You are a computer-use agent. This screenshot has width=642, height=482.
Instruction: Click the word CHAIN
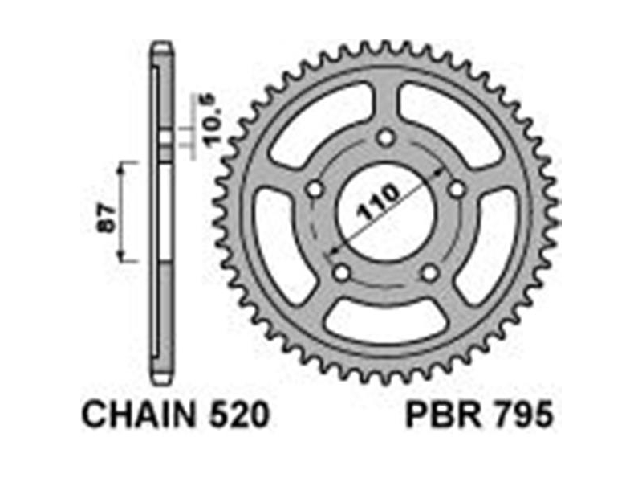pos(138,415)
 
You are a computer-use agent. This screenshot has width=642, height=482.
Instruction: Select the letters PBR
pos(444,415)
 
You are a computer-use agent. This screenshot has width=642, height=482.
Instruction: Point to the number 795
pos(524,415)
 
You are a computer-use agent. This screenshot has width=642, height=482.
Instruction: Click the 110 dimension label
pos(377,202)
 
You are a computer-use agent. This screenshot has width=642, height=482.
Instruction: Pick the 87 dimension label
pos(106,219)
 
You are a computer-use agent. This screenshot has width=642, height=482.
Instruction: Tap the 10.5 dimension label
pos(209,120)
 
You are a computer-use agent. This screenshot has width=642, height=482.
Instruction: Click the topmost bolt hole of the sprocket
pos(385,137)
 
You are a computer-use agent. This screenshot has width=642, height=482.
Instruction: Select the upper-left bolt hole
pos(315,190)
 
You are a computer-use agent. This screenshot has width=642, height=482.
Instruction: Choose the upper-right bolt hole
pos(457,190)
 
